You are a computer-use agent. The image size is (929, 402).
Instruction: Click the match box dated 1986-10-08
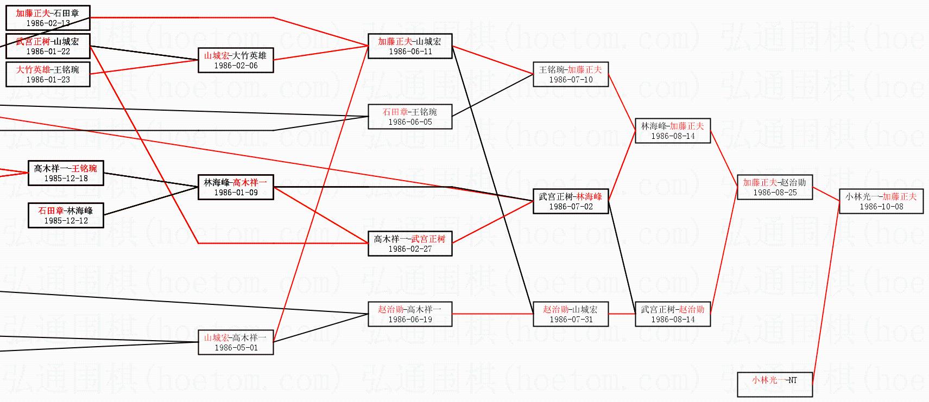pyautogui.click(x=881, y=201)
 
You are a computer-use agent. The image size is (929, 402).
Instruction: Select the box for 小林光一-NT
pyautogui.click(x=774, y=385)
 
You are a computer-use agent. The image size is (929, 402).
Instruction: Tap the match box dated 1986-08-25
pyautogui.click(x=774, y=187)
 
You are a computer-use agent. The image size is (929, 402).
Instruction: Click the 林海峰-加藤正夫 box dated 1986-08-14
pyautogui.click(x=672, y=131)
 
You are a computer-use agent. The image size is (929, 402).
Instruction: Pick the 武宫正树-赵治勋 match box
pyautogui.click(x=672, y=314)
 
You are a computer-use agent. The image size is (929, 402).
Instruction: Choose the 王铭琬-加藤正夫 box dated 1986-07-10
pyautogui.click(x=570, y=74)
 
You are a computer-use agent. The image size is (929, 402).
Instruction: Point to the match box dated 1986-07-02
pyautogui.click(x=570, y=201)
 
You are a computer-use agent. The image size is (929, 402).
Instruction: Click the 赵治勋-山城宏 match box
pyautogui.click(x=570, y=314)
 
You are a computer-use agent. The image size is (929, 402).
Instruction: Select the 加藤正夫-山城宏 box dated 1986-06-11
pyautogui.click(x=409, y=46)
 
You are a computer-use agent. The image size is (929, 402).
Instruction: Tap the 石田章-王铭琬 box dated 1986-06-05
pyautogui.click(x=409, y=117)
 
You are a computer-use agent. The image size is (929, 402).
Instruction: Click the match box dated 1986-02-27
pyautogui.click(x=409, y=244)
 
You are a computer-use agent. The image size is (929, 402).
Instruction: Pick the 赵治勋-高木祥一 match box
pyautogui.click(x=409, y=314)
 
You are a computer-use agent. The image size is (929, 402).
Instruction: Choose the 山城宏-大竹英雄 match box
pyautogui.click(x=235, y=60)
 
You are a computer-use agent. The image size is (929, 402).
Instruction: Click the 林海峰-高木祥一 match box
pyautogui.click(x=235, y=187)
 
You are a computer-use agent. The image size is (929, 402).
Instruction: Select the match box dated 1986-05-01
pyautogui.click(x=235, y=342)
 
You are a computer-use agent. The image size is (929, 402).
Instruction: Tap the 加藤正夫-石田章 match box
pyautogui.click(x=47, y=18)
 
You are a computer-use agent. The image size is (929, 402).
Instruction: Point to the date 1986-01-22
pyautogui.click(x=48, y=52)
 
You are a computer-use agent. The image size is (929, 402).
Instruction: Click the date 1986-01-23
pyautogui.click(x=48, y=80)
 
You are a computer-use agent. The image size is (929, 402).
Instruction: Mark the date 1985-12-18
pyautogui.click(x=65, y=178)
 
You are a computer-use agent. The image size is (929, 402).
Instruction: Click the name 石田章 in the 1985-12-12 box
pyautogui.click(x=50, y=210)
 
